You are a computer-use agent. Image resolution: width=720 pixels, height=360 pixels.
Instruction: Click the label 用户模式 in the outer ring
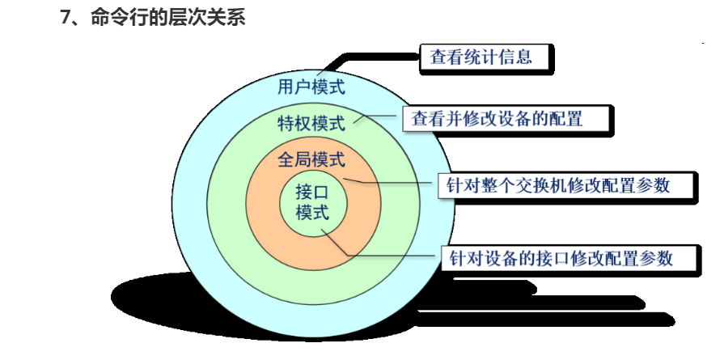311,87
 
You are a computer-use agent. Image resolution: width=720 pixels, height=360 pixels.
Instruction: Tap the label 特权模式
311,124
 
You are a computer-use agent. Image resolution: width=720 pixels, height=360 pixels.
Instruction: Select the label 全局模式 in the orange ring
311,159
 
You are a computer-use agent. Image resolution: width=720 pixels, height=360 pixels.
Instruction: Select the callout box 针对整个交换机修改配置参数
557,184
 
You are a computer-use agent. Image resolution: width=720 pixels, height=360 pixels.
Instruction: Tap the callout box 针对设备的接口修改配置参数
559,258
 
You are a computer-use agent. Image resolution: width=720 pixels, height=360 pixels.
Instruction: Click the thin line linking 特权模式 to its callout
380,120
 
